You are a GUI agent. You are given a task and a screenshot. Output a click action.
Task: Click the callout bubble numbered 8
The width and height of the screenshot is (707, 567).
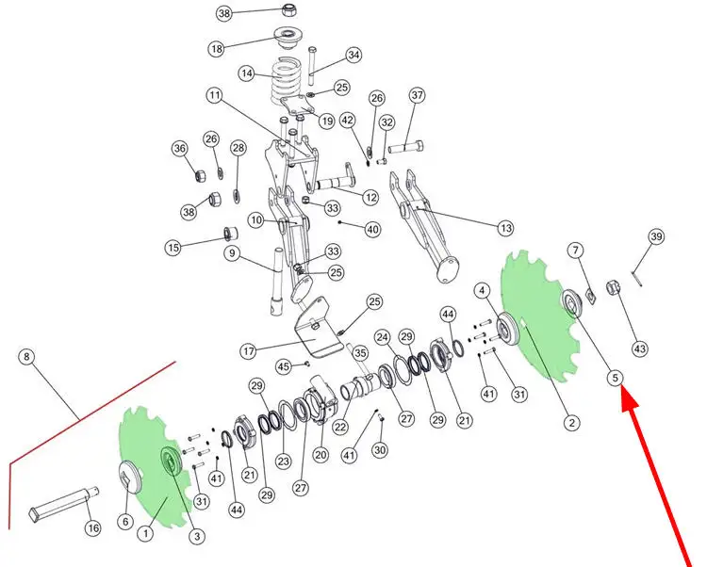point(27,357)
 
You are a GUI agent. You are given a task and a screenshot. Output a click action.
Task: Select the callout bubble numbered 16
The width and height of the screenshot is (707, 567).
point(93,527)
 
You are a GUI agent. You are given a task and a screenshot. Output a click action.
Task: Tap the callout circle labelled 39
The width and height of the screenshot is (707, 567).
point(656,237)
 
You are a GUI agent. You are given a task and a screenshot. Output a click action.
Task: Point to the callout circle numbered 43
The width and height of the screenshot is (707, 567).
point(640,348)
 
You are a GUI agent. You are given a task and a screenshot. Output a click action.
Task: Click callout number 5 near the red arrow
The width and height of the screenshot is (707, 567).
point(616,378)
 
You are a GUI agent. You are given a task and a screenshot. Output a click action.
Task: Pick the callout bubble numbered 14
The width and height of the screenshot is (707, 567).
point(247,73)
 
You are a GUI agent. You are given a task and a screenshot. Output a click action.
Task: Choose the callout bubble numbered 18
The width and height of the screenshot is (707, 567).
point(217,48)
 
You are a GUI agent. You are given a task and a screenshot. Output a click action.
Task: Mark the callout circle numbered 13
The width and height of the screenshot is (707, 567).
point(505,228)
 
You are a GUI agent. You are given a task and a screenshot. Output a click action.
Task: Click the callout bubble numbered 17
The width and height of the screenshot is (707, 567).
point(249,351)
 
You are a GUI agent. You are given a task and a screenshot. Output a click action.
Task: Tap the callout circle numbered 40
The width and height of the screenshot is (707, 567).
point(372,229)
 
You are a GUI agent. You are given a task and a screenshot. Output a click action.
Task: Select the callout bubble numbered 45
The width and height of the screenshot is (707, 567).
point(283,366)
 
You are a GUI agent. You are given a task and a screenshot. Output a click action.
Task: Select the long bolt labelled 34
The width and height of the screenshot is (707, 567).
point(312,65)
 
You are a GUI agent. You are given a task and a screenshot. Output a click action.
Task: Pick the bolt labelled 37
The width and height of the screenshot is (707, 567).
point(405,147)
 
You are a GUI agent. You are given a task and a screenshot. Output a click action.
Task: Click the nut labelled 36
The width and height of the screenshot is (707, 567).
point(200,174)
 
